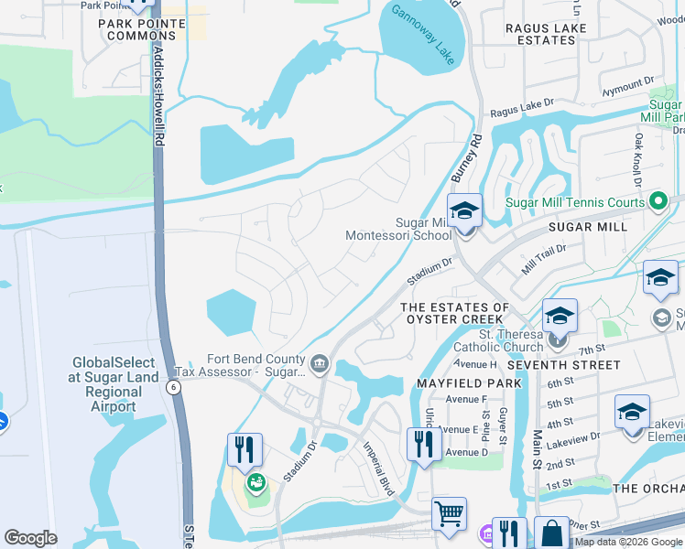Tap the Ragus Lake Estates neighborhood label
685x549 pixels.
coord(552,34)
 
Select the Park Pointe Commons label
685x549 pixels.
coord(141,29)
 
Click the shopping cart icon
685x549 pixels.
coord(449,514)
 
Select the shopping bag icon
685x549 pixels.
coord(553,533)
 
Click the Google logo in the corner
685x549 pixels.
coord(30,538)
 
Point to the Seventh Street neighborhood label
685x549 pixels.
coord(563,365)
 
